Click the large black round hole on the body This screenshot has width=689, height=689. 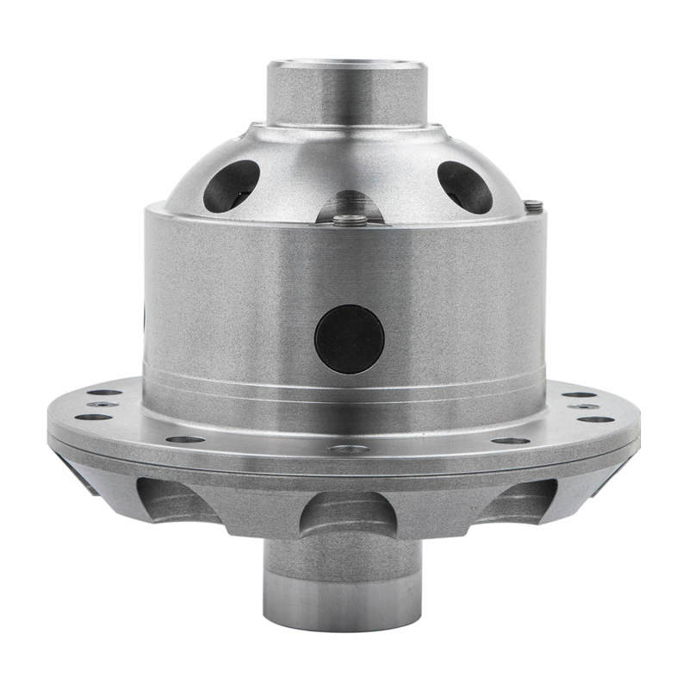point(349,338)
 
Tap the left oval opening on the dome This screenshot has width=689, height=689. point(232,185)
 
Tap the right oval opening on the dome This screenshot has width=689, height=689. point(464,186)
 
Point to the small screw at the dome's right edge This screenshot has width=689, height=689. point(533,205)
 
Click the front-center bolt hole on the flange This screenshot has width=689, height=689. point(347,449)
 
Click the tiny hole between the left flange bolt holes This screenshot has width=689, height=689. point(103,404)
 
